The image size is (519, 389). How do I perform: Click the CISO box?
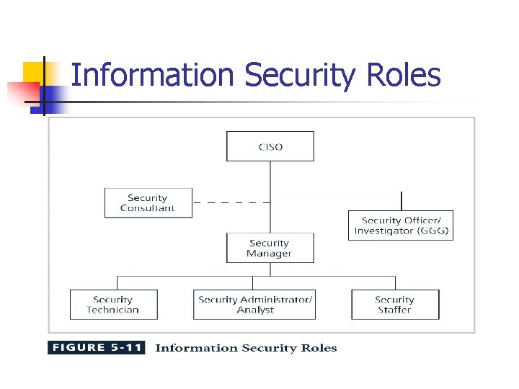point(270,146)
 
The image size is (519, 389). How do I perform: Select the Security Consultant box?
point(148,203)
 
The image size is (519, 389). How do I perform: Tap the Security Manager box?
point(270,249)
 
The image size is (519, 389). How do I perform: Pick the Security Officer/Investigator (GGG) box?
point(401,225)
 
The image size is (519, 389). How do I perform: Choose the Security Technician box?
point(112,305)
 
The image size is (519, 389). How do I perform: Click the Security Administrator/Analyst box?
point(255,305)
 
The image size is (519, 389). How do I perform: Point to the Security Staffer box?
point(394,305)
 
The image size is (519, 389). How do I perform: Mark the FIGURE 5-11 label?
point(97,348)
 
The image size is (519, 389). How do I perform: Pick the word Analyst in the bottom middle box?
point(255,310)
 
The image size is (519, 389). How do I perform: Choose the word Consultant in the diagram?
point(148,208)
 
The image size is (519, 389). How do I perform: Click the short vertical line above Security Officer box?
point(402,200)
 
